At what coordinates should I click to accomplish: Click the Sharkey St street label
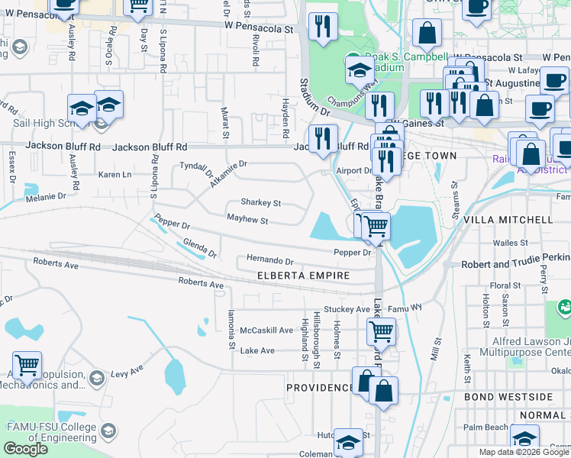coord(261,204)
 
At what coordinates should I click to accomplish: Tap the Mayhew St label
coord(247,221)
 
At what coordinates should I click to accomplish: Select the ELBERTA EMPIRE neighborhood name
coord(303,276)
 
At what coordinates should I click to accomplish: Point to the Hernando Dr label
coord(269,261)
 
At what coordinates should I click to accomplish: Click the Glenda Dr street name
coord(200,248)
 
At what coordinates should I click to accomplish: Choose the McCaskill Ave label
coord(266,331)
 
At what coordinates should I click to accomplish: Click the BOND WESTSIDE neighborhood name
coord(508,397)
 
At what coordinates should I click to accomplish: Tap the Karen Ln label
coord(115,175)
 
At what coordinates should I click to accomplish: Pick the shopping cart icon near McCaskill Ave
coord(381,331)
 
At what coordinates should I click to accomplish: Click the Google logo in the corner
coord(25,449)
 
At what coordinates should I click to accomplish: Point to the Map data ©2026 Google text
coord(523,452)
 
